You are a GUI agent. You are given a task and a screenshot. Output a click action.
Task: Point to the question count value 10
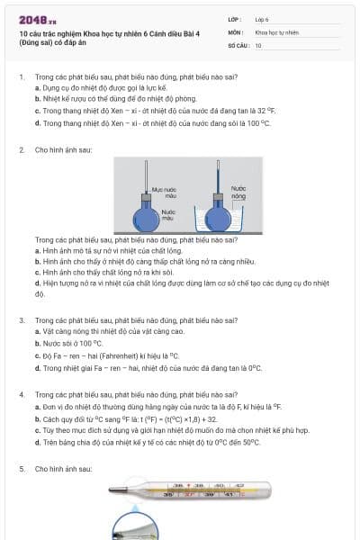(258, 44)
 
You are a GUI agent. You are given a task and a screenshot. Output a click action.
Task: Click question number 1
(21, 77)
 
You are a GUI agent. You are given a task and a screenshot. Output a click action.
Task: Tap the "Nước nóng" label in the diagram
(238, 192)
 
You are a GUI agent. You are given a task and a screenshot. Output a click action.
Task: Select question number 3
(21, 319)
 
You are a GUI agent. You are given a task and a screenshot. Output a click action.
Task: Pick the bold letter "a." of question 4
(37, 407)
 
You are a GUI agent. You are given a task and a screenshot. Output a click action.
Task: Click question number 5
(21, 469)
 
